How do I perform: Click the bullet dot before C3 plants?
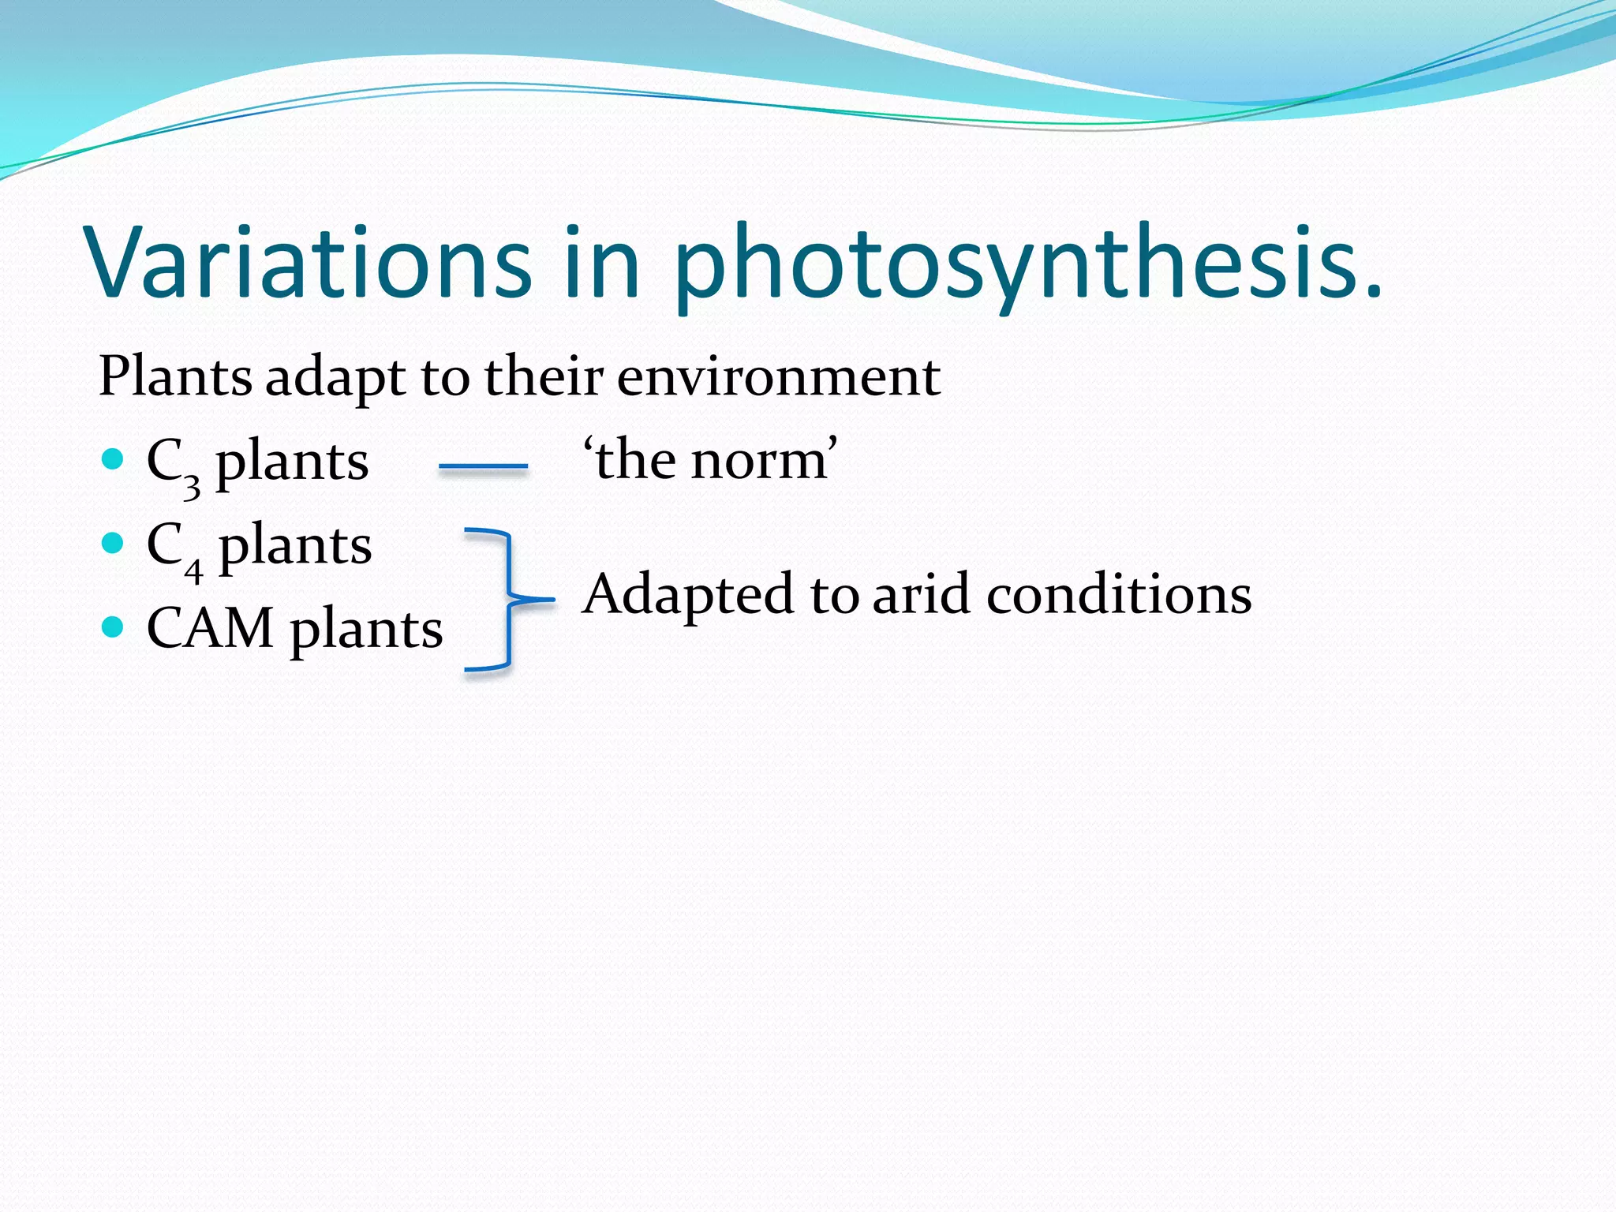(x=114, y=458)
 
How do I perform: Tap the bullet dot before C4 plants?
(x=114, y=543)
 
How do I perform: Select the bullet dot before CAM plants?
(x=114, y=627)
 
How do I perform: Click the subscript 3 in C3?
(x=192, y=486)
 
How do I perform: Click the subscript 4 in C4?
(x=193, y=570)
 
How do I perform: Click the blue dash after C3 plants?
(x=483, y=467)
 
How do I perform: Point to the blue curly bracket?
(x=509, y=600)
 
